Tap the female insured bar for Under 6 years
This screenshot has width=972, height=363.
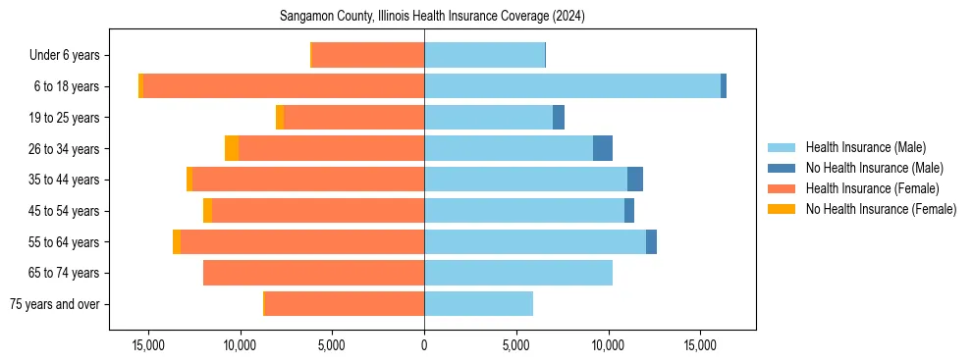(x=367, y=55)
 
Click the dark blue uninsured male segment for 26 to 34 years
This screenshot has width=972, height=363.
(x=603, y=148)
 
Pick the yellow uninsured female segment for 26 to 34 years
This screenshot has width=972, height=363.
(x=232, y=148)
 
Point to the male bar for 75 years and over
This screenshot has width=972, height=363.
(x=478, y=304)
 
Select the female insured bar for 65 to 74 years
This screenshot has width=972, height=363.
(x=313, y=273)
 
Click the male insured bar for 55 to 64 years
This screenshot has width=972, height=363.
(x=535, y=241)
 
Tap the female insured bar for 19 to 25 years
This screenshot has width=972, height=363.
(x=353, y=118)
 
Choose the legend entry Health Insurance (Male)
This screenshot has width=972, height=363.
(x=865, y=147)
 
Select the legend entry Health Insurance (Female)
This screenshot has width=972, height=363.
(x=870, y=188)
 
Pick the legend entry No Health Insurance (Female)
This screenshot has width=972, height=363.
(x=880, y=209)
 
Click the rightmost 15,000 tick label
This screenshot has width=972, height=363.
(x=700, y=345)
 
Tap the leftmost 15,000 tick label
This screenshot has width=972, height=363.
(x=148, y=345)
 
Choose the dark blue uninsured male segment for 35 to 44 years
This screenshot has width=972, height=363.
(x=635, y=180)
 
